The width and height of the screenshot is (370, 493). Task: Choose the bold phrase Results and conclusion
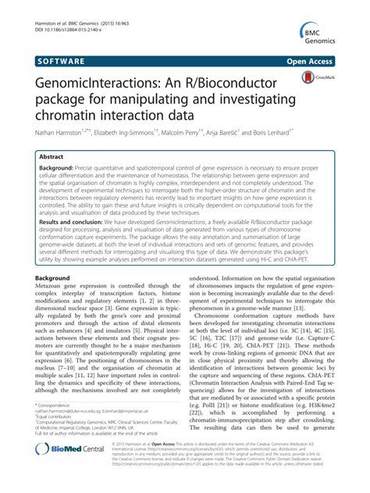coord(85,221)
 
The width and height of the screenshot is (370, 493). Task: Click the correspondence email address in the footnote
coord(94,427)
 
